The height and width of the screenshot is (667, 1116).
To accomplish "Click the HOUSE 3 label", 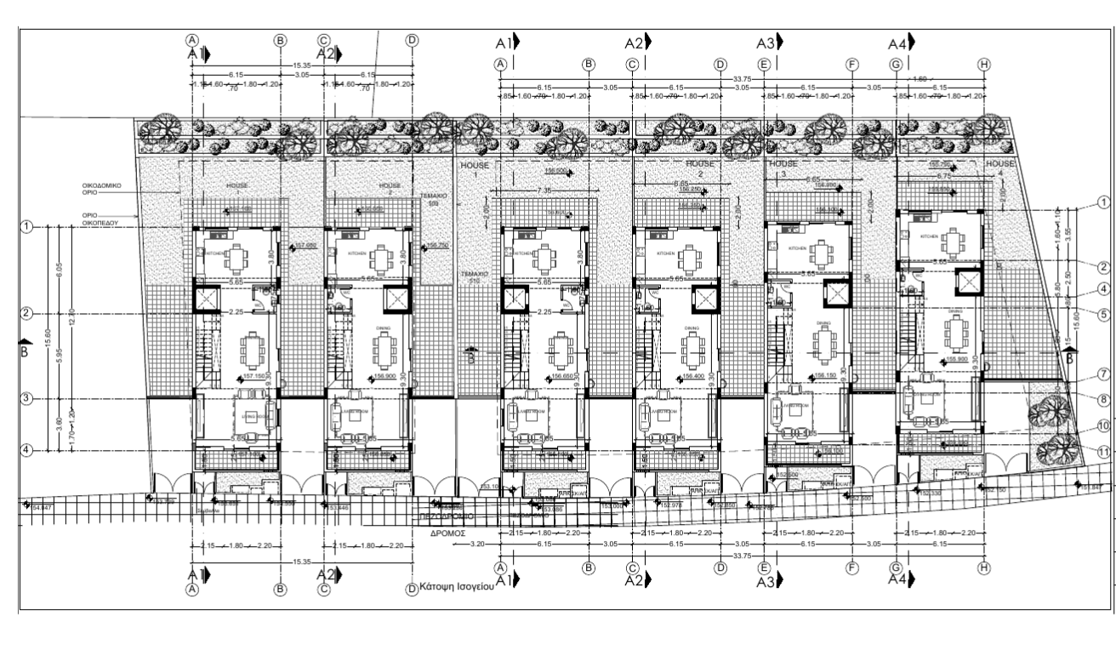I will pyautogui.click(x=783, y=168).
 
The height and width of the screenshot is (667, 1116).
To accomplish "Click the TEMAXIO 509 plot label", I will pyautogui.click(x=434, y=200).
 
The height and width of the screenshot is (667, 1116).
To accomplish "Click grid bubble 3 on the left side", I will pyautogui.click(x=26, y=399).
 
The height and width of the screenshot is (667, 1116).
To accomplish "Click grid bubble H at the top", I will pyautogui.click(x=984, y=65).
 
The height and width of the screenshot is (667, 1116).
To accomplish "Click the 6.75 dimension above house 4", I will pyautogui.click(x=942, y=176).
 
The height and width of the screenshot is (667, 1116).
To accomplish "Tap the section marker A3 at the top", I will pyautogui.click(x=769, y=43).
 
